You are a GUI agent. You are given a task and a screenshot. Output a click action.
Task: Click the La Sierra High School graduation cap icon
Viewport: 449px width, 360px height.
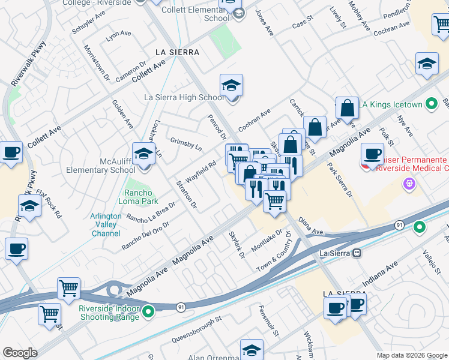point(231,85)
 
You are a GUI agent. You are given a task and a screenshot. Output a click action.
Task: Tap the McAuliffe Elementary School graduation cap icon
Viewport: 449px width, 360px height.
point(144,154)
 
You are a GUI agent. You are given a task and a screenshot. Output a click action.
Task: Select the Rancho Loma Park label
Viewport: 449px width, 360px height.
point(141,197)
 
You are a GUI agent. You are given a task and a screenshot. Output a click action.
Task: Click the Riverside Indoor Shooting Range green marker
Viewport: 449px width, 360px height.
point(149,312)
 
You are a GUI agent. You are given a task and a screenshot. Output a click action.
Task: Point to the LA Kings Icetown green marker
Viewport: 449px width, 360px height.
point(431,104)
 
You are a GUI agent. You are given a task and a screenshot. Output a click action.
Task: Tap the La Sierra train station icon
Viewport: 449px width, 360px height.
point(357,253)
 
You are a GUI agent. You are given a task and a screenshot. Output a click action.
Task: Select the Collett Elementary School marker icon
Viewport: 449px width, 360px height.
point(239,14)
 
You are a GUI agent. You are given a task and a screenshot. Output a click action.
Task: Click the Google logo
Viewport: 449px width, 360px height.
point(20,353)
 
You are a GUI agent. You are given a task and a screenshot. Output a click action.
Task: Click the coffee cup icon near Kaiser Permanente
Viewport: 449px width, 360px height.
point(373,154)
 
